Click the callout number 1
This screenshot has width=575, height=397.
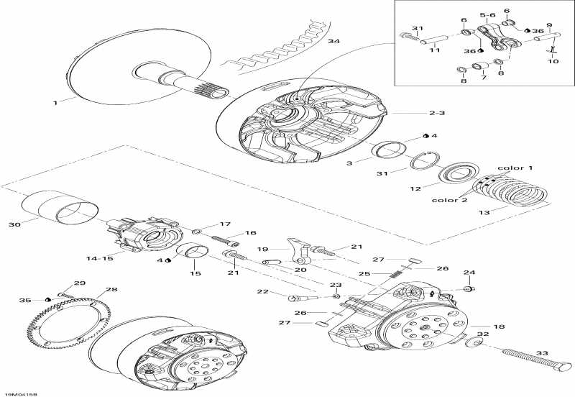pyautogui.click(x=55, y=104)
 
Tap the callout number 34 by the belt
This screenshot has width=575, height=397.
pyautogui.click(x=333, y=42)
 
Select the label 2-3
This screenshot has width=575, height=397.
pyautogui.click(x=438, y=114)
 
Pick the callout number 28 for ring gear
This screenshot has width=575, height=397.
pyautogui.click(x=111, y=291)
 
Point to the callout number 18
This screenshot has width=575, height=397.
pyautogui.click(x=499, y=326)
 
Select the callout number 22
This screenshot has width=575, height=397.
pyautogui.click(x=264, y=291)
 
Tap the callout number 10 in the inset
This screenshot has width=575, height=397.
pyautogui.click(x=553, y=62)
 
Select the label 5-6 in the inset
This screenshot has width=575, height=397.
pyautogui.click(x=488, y=14)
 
